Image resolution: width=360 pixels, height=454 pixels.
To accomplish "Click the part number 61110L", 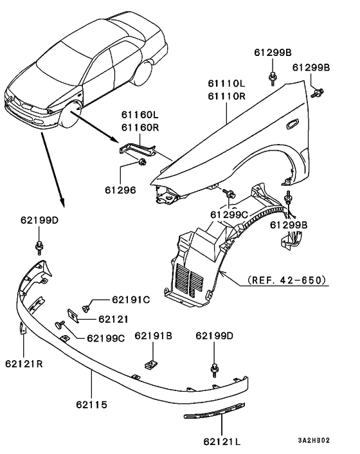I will [226, 84].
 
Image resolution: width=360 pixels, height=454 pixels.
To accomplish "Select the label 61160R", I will [139, 127].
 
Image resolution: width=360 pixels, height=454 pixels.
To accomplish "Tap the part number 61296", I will [122, 190].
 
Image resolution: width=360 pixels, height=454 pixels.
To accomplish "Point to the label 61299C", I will [228, 213].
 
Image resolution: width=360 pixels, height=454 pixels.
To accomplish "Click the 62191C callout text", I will [130, 299].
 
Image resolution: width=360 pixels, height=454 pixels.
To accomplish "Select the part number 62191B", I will [153, 335].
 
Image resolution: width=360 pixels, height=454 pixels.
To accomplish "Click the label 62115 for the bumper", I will [90, 406].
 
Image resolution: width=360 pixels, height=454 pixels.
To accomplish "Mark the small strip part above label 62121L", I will [215, 412].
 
